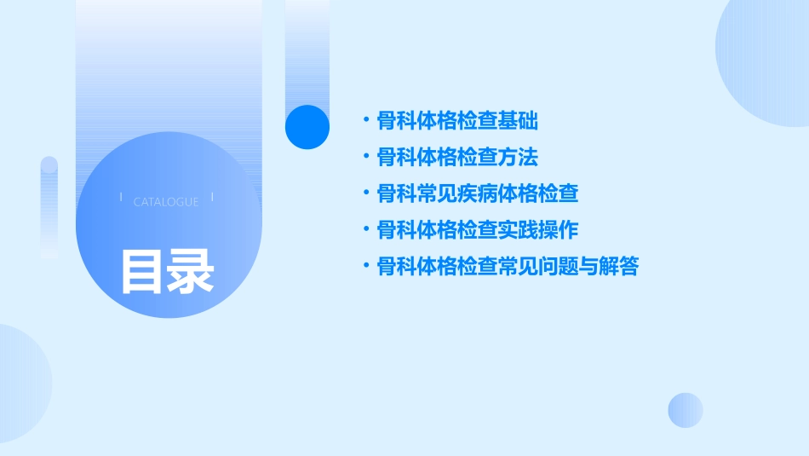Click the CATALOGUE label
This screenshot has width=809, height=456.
pyautogui.click(x=166, y=202)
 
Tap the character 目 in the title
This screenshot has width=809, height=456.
pyautogui.click(x=142, y=271)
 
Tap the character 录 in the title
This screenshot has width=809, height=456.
pyautogui.click(x=191, y=271)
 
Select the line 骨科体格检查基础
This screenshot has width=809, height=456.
pyautogui.click(x=457, y=121)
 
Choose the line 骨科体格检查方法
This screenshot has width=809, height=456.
pyautogui.click(x=457, y=158)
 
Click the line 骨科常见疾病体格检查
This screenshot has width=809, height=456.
pyautogui.click(x=478, y=193)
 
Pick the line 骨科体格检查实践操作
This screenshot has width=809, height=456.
pyautogui.click(x=478, y=230)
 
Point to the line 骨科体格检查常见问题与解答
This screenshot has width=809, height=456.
pyautogui.click(x=508, y=267)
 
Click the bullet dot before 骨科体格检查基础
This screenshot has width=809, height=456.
pyautogui.click(x=365, y=121)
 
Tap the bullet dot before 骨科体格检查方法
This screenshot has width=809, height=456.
pyautogui.click(x=365, y=158)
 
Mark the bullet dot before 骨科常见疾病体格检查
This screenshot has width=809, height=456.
pyautogui.click(x=365, y=193)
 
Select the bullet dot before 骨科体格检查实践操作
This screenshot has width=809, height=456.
pyautogui.click(x=365, y=230)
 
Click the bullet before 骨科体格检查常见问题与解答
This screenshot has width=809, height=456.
pyautogui.click(x=365, y=267)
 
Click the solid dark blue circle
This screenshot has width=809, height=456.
pyautogui.click(x=307, y=127)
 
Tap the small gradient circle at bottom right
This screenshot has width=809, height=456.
pyautogui.click(x=686, y=410)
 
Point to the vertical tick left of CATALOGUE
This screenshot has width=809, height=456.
pyautogui.click(x=121, y=197)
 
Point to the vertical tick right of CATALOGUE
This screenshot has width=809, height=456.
pyautogui.click(x=212, y=197)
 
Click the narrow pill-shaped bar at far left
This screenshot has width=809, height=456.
pyautogui.click(x=49, y=207)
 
